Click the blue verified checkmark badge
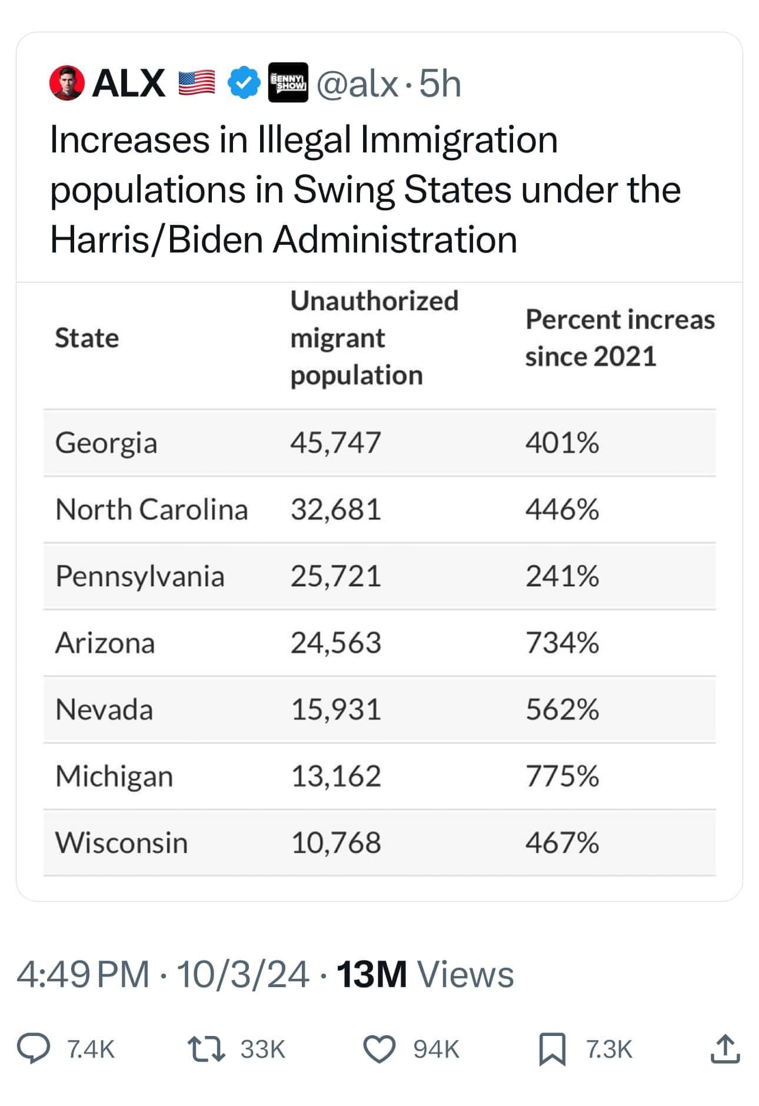pyautogui.click(x=244, y=83)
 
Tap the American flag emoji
pyautogui.click(x=197, y=83)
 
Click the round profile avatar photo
pyautogui.click(x=67, y=83)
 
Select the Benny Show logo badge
pyautogui.click(x=288, y=82)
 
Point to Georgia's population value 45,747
pyautogui.click(x=336, y=443)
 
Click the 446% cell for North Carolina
pyautogui.click(x=562, y=509)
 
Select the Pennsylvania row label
pyautogui.click(x=140, y=576)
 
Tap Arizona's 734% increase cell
pyautogui.click(x=562, y=642)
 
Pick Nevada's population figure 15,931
pyautogui.click(x=336, y=709)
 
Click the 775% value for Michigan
pyautogui.click(x=562, y=776)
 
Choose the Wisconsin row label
pyautogui.click(x=122, y=842)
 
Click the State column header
pyautogui.click(x=87, y=338)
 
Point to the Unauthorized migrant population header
pyautogui.click(x=374, y=338)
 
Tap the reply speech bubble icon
pyautogui.click(x=33, y=1049)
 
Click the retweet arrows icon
pyautogui.click(x=205, y=1049)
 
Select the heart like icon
pyautogui.click(x=379, y=1049)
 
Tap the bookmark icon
pyautogui.click(x=552, y=1049)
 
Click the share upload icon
pyautogui.click(x=724, y=1049)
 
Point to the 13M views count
pyautogui.click(x=371, y=974)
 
